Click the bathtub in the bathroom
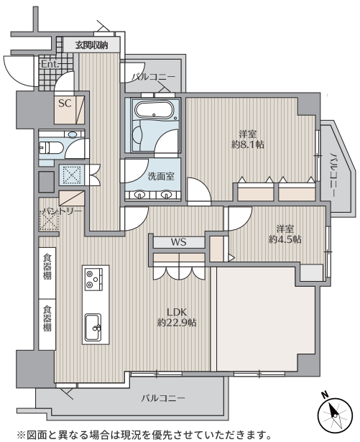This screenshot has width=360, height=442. pos(154,110)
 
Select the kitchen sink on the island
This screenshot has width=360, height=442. pos(93,327)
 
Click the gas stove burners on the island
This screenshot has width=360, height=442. pos(93,279)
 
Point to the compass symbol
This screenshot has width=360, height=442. pos(335,414)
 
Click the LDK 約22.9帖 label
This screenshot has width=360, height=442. pos(177,317)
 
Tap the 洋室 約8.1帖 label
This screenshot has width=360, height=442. pos(247,139)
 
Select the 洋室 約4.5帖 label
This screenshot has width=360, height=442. pos(285,234)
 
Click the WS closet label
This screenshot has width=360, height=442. pos(178,242)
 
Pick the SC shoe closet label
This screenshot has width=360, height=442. pos(65,103)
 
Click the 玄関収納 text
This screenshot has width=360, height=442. pos(91,45)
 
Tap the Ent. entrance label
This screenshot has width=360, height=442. pos(50,64)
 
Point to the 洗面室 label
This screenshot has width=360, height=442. pos(161,177)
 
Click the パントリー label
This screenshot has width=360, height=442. pos(62,211)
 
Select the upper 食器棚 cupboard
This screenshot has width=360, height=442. pos(47,267)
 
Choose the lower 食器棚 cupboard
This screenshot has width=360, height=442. pos(47,318)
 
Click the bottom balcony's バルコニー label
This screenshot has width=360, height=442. pos(163,398)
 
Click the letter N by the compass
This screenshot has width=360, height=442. pos(326,395)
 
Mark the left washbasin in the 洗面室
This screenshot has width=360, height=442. pos(139,195)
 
